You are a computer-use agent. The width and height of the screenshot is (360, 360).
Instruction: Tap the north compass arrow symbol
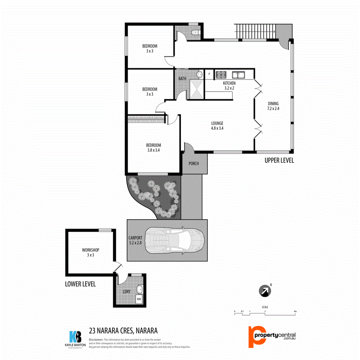[264, 290]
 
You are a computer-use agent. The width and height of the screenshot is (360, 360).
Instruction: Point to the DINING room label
[273, 104]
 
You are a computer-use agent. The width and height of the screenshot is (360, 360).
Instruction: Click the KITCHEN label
[229, 83]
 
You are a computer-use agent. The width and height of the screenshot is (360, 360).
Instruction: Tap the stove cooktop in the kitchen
[221, 74]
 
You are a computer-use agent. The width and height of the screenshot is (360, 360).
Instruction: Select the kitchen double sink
[239, 74]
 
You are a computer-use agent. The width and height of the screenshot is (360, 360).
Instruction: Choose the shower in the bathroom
[196, 89]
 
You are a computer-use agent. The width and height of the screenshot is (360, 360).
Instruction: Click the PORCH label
[193, 164]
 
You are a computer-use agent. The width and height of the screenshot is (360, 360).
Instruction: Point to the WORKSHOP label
[91, 250]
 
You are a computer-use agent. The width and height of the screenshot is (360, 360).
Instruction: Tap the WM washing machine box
[139, 299]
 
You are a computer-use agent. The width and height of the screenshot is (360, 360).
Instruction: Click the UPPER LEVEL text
[279, 160]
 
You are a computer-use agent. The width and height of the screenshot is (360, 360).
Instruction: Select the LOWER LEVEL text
[80, 284]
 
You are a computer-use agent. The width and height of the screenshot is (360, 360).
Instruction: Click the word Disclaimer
[96, 339]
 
